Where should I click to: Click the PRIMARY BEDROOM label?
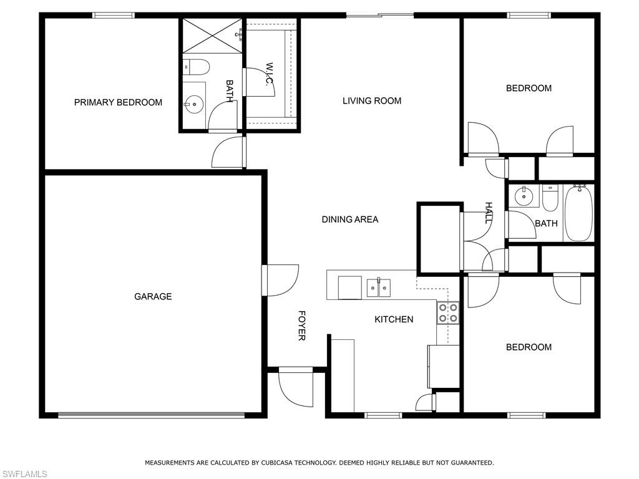pyautogui.click(x=118, y=102)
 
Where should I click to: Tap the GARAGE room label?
pyautogui.click(x=153, y=297)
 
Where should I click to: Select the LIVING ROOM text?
pyautogui.click(x=372, y=100)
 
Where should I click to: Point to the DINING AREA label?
pyautogui.click(x=350, y=220)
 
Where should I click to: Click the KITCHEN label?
pyautogui.click(x=394, y=319)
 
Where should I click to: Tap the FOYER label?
pyautogui.click(x=301, y=326)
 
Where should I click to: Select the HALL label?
pyautogui.click(x=489, y=213)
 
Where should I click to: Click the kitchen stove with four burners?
pyautogui.click(x=448, y=312)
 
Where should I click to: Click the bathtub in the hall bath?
pyautogui.click(x=578, y=213)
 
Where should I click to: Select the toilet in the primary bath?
pyautogui.click(x=197, y=66)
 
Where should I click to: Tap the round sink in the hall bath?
pyautogui.click(x=523, y=196)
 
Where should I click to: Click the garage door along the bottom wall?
pyautogui.click(x=152, y=414)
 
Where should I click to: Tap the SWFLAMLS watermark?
pyautogui.click(x=24, y=475)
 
